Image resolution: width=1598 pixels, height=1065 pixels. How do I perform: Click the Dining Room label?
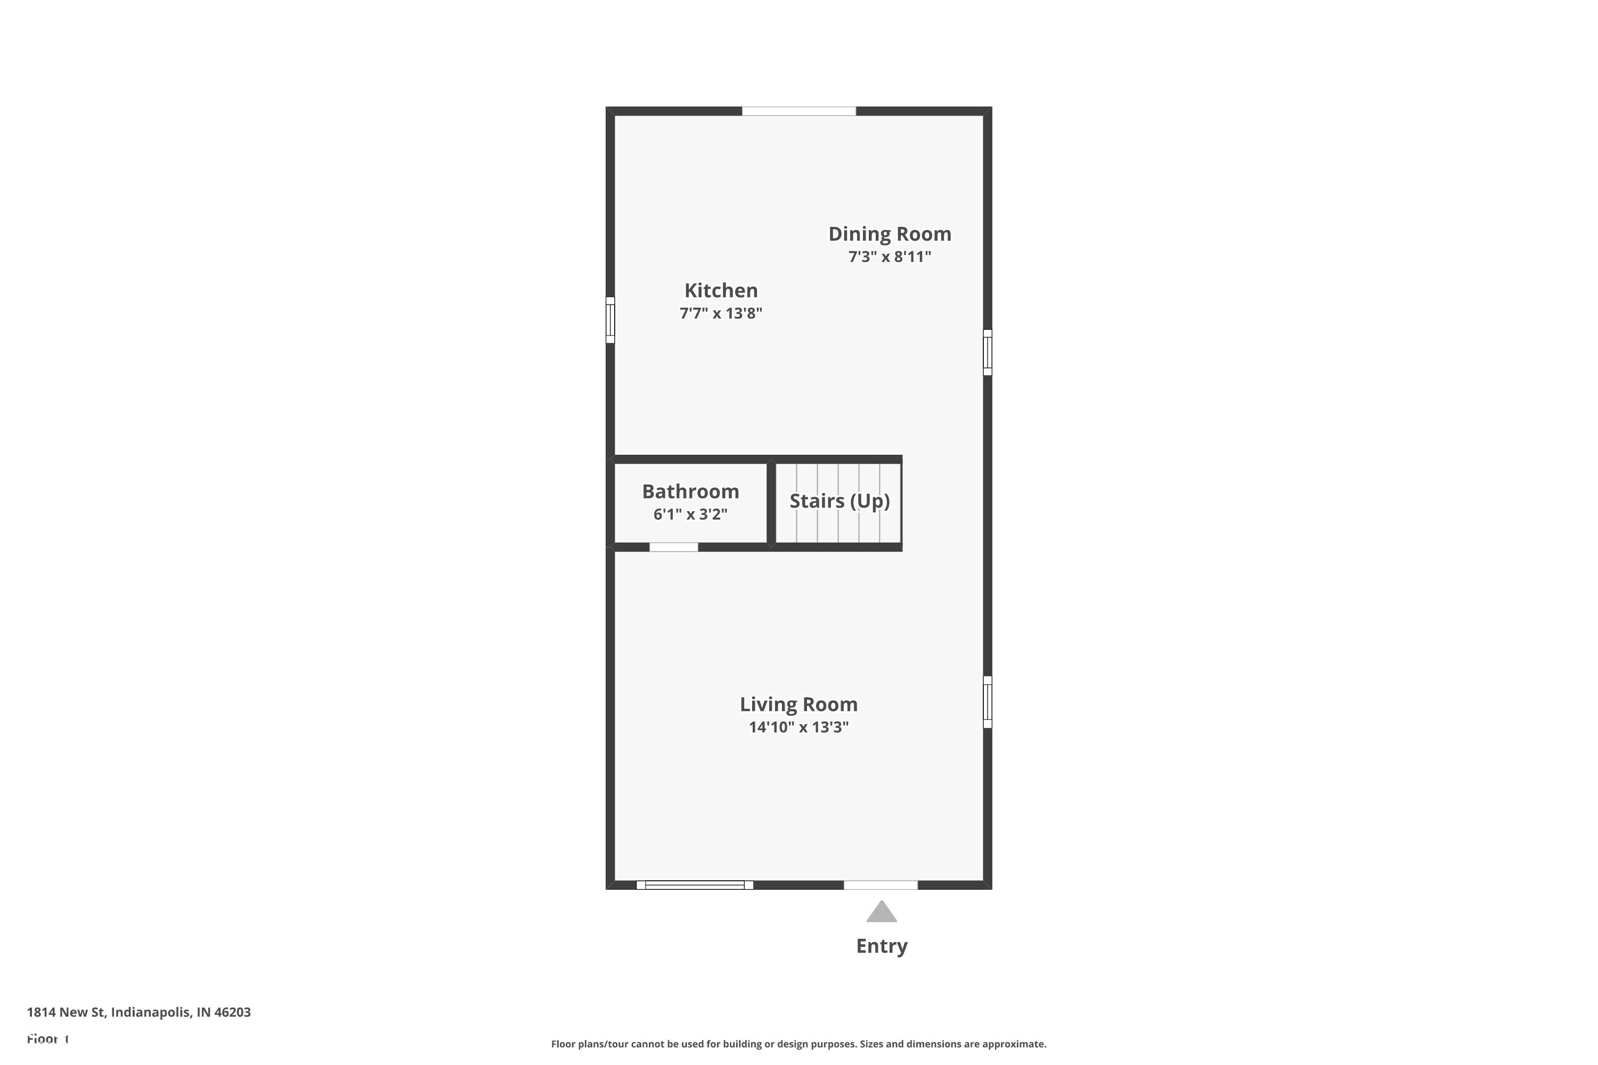[x=890, y=234]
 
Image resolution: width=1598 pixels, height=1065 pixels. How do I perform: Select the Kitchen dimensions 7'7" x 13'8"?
[x=721, y=313]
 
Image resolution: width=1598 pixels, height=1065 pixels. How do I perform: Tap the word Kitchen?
[x=721, y=290]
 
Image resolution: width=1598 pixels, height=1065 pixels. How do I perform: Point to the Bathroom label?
[x=690, y=491]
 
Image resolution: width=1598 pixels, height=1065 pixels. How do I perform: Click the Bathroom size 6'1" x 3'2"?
[x=690, y=514]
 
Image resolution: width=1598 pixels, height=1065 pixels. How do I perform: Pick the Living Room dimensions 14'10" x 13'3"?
[x=798, y=727]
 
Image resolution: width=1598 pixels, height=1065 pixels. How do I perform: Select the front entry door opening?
[x=880, y=884]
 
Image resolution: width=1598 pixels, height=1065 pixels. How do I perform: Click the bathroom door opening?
[x=673, y=547]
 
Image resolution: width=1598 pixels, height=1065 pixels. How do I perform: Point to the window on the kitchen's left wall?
[x=610, y=320]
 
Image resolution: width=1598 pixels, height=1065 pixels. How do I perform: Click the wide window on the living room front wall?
[x=695, y=884]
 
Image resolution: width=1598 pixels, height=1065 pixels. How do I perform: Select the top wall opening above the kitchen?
[x=798, y=111]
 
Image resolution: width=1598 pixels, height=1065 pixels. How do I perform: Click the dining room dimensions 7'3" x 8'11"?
[x=890, y=257]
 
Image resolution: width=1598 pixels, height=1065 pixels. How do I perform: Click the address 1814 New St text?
[x=138, y=1012]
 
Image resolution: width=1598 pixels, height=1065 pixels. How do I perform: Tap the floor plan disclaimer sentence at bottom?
[x=798, y=1044]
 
